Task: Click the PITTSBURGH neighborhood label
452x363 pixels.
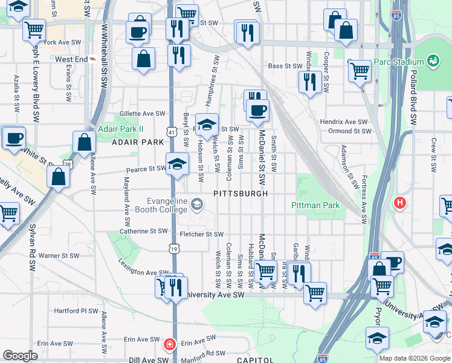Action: (240, 194)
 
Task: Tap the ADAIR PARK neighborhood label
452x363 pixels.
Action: (138, 142)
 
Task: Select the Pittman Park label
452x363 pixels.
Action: (315, 206)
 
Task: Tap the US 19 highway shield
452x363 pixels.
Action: (173, 248)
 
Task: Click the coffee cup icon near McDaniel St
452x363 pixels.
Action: (258, 110)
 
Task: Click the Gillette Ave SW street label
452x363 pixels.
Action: (142, 113)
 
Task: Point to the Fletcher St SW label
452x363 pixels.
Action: (201, 234)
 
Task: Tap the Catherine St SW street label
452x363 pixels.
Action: (142, 231)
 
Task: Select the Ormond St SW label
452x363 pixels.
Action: (348, 131)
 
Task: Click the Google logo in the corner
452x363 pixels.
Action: (20, 356)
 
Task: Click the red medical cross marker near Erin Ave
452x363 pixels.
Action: (170, 344)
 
